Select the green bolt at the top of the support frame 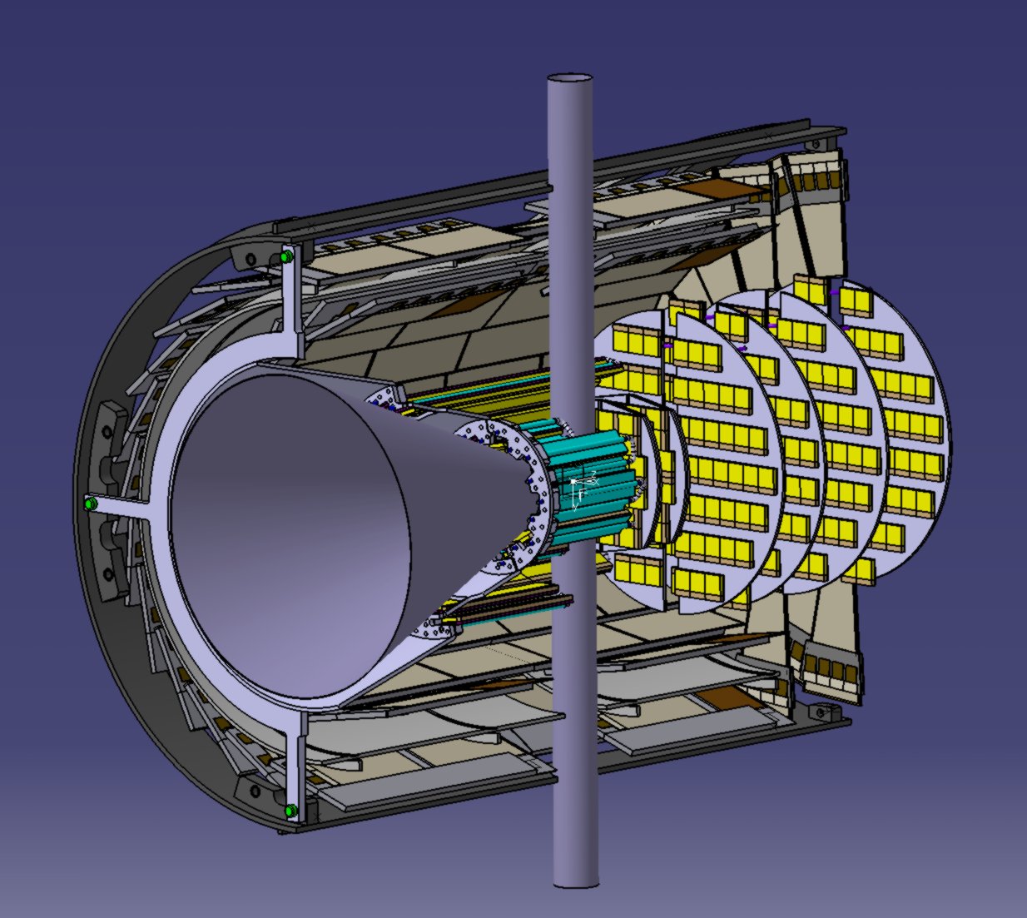click(x=287, y=257)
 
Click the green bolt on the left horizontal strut click(x=89, y=504)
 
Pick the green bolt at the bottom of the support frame click(x=290, y=810)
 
